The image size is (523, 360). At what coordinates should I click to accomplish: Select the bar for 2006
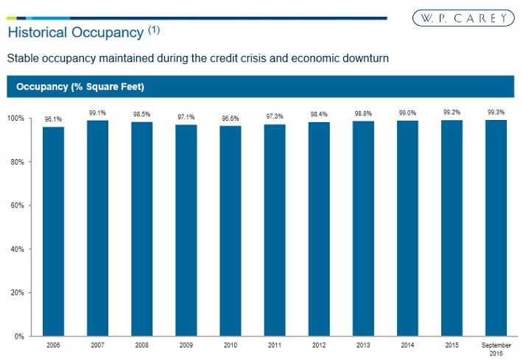pos(53,231)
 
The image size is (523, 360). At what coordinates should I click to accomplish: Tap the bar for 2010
pos(231,231)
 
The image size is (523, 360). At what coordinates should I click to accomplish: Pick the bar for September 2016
pos(496,228)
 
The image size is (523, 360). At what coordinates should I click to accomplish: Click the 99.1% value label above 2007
pos(97,113)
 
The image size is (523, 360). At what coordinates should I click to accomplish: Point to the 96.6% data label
pos(231,118)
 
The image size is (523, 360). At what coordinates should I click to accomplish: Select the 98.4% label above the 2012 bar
pos(319,114)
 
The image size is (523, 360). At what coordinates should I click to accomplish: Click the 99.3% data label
pos(496,112)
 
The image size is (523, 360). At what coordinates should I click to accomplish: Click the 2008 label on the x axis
pos(141,345)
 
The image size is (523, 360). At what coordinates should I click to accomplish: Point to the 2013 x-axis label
pos(363,345)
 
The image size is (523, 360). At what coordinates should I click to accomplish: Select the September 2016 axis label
pos(496,348)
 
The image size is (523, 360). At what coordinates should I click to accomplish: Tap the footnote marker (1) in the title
pos(153,30)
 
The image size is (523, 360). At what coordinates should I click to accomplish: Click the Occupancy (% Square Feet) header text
pos(75,88)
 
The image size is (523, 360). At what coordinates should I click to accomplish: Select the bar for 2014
pos(407,228)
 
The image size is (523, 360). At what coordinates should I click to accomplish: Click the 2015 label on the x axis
pos(452,345)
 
